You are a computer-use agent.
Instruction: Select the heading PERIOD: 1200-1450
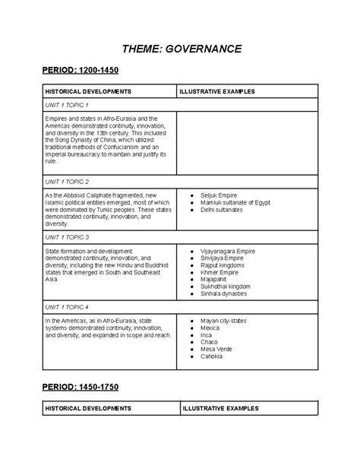[x=81, y=71]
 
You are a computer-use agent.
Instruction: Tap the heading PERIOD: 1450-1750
[x=81, y=387]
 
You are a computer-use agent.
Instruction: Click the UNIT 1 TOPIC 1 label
[x=67, y=105]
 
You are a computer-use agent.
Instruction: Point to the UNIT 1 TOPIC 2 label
[x=67, y=182]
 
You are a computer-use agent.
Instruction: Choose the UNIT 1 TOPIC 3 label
[x=67, y=237]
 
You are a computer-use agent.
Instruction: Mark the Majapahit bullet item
[x=216, y=279]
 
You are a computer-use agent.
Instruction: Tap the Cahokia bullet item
[x=213, y=356]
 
